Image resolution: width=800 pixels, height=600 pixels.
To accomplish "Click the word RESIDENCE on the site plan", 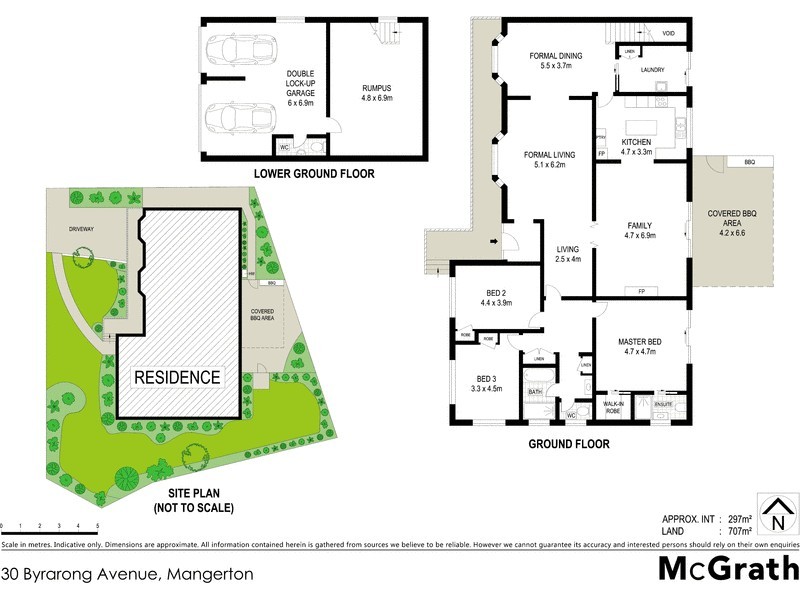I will coord(177,377).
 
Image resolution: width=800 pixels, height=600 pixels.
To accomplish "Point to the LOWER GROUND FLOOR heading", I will coord(314,174).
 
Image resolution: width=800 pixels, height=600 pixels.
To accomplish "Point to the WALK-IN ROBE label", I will coord(614,407).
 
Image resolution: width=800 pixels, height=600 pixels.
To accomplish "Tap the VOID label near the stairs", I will coord(668,33).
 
